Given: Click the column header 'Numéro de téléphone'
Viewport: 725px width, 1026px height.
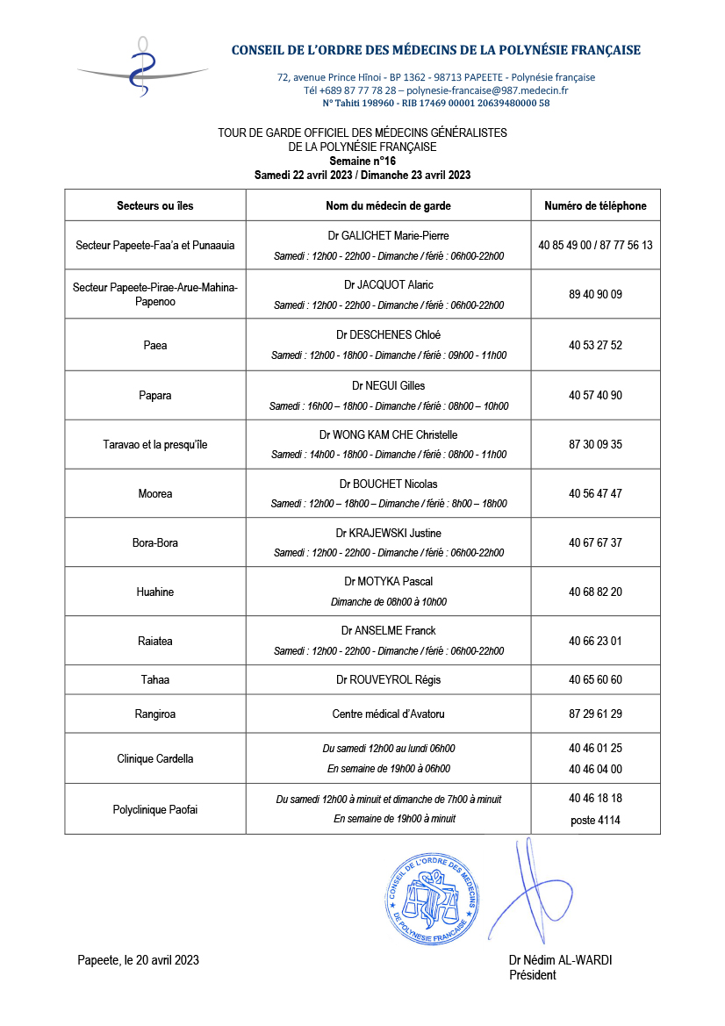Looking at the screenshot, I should click(x=595, y=206).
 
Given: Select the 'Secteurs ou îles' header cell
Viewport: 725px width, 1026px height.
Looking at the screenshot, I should click(x=155, y=206).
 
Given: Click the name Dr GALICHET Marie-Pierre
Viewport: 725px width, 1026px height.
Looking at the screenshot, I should click(x=388, y=235).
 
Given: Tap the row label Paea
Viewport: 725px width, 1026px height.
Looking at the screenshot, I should click(x=155, y=345).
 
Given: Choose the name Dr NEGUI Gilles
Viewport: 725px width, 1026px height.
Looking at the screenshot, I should click(x=388, y=385).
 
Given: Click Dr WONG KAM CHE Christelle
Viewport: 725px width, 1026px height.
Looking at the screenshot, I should click(x=388, y=434).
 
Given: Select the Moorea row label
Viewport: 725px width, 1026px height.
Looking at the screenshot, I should click(x=155, y=493).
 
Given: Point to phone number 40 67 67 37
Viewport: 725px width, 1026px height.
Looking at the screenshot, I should click(x=595, y=542).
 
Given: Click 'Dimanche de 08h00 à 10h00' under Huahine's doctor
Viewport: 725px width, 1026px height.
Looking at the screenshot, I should click(x=388, y=602).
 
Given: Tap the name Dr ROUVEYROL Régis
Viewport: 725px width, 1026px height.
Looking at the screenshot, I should click(x=388, y=680).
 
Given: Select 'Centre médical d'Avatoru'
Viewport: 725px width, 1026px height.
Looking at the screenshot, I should click(x=388, y=714).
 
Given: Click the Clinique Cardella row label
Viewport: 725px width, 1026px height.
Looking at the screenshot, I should click(x=155, y=758).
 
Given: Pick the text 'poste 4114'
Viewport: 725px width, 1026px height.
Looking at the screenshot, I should click(x=595, y=820).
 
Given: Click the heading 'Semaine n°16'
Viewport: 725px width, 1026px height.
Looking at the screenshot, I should click(x=362, y=161).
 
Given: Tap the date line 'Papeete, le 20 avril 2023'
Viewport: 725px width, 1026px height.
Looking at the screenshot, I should click(x=138, y=960).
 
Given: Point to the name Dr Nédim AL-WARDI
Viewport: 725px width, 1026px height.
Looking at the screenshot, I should click(x=560, y=960).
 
